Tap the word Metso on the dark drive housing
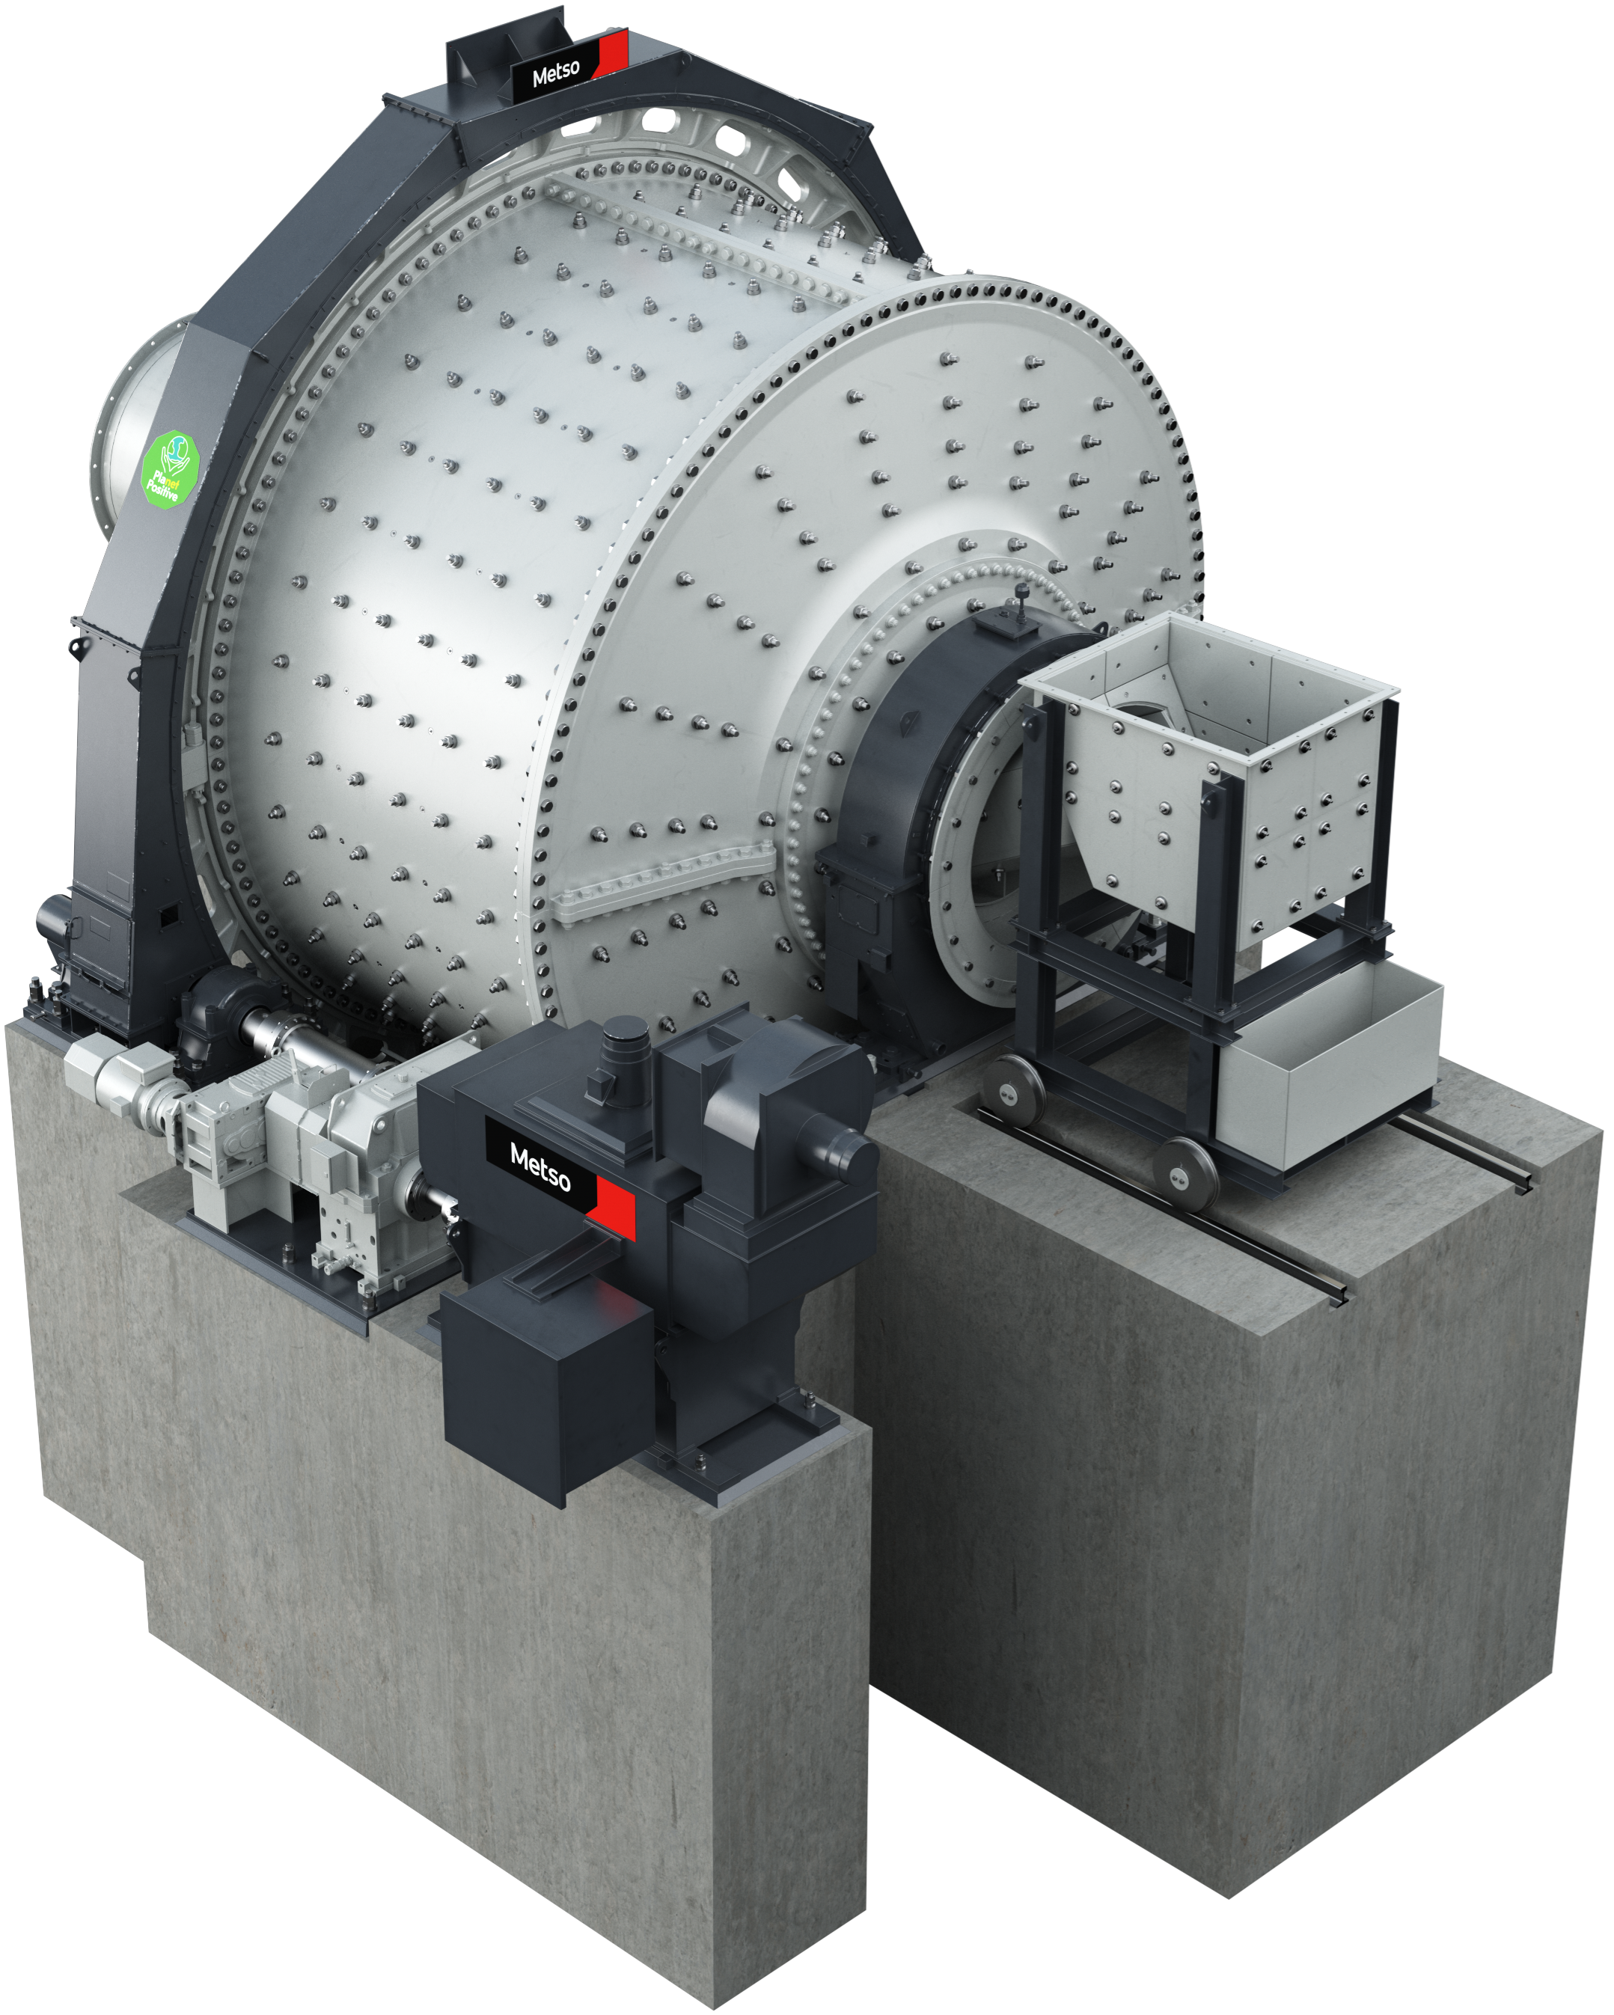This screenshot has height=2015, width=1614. click(540, 1168)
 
